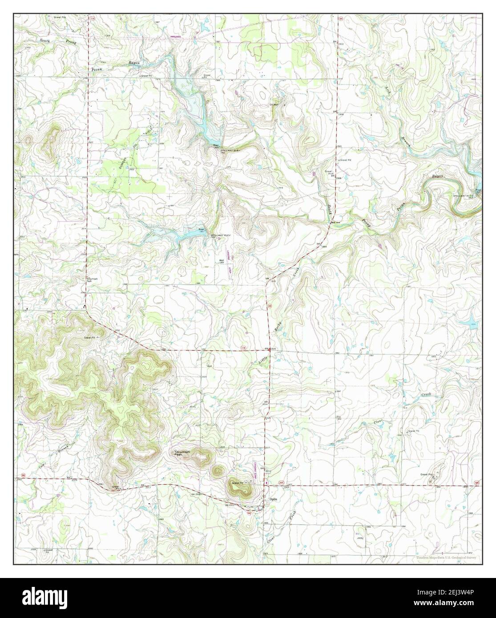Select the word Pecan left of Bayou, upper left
point(97,70)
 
